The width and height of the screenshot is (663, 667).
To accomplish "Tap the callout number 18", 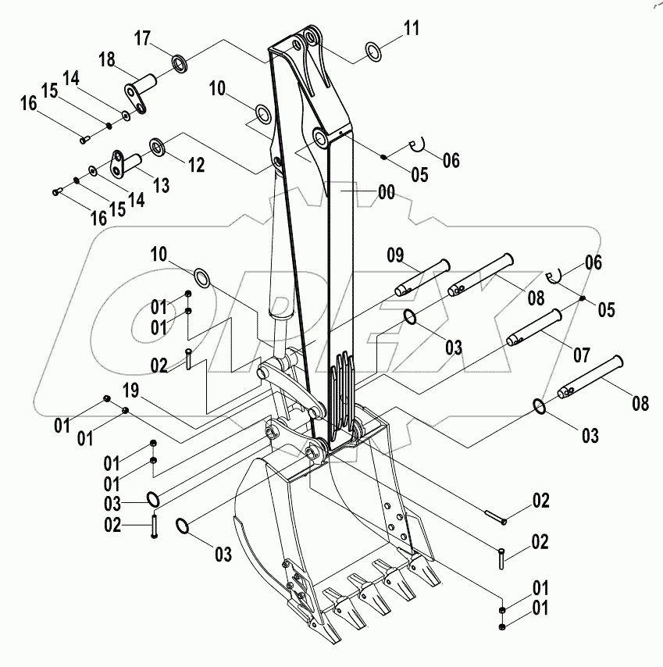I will tap(107, 59).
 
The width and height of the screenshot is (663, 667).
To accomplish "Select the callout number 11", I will tap(412, 30).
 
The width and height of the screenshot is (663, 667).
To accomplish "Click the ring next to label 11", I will tap(374, 52).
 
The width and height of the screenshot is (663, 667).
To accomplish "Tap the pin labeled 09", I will tap(422, 277).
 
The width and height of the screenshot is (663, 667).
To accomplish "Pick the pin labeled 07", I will tap(534, 326).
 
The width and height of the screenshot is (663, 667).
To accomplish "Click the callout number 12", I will tap(195, 165).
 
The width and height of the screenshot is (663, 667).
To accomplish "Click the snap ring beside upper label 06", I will tap(417, 143).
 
